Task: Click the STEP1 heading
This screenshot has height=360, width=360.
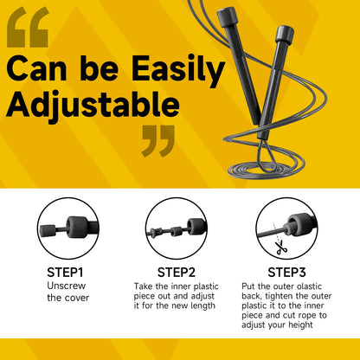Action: coord(65,270)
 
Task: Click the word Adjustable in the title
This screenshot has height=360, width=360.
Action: coord(94,106)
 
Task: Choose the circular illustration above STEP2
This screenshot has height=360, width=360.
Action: coord(177,227)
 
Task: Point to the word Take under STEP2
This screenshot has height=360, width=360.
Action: coord(143,285)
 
